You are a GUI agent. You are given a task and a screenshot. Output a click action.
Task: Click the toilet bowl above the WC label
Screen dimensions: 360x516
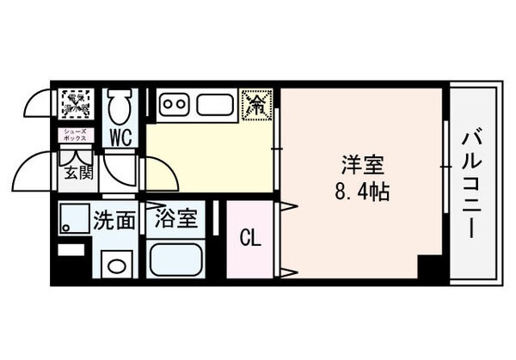click(120, 107)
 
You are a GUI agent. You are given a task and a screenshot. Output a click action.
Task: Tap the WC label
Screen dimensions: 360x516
click(120, 136)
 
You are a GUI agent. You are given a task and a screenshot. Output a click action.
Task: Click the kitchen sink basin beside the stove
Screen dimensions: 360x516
click(214, 105)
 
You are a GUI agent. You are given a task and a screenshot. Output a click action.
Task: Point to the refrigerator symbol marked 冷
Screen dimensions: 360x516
click(256, 105)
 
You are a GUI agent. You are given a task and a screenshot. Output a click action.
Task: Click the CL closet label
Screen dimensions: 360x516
click(250, 235)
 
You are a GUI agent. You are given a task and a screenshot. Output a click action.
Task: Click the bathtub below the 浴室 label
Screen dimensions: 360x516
click(175, 259)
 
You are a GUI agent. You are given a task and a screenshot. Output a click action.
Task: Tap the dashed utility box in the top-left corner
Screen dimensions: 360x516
click(76, 104)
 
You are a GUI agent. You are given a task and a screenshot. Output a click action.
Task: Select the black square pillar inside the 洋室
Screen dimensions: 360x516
click(427, 266)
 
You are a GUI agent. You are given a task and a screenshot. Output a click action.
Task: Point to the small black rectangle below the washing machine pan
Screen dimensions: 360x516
click(71, 250)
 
